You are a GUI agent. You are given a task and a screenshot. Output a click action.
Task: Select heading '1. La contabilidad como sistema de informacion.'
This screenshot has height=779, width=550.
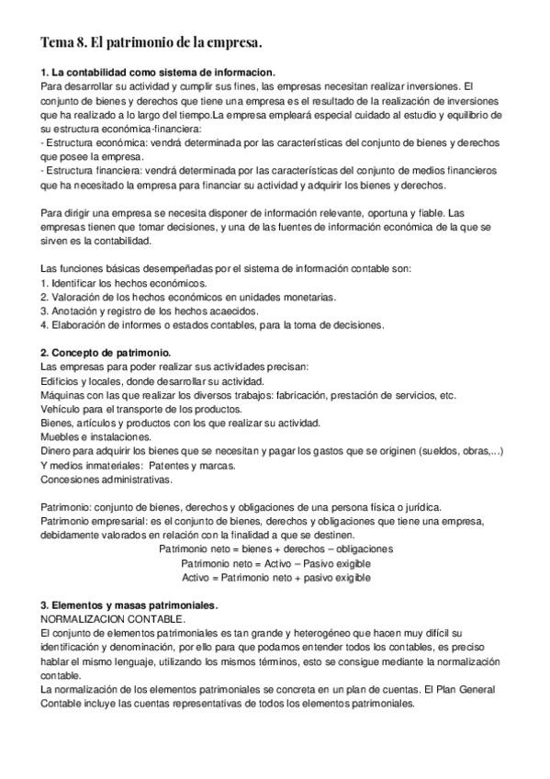pyautogui.click(x=159, y=72)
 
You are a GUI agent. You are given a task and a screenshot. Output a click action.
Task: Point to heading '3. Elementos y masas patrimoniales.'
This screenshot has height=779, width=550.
pyautogui.click(x=129, y=605)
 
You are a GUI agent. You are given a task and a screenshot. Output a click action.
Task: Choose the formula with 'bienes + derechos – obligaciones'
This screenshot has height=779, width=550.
pyautogui.click(x=275, y=549)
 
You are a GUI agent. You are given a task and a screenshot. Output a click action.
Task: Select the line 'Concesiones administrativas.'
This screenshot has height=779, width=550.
pyautogui.click(x=107, y=480)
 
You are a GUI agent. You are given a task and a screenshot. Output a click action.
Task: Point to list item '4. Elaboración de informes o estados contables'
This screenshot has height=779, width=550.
pyautogui.click(x=212, y=324)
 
